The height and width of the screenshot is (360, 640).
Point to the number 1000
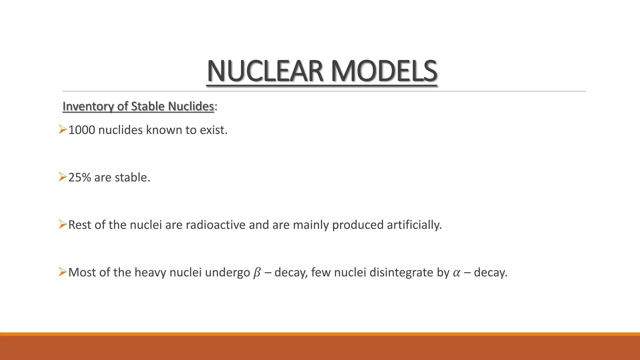[82, 130]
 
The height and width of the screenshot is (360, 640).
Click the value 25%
[80, 177]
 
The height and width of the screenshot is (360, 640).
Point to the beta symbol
[257, 273]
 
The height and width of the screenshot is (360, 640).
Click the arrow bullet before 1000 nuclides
[62, 129]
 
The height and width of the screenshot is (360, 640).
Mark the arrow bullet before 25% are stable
[62, 177]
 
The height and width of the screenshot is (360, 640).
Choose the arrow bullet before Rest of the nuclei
[62, 224]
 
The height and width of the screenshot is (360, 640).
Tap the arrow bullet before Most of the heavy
[62, 272]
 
